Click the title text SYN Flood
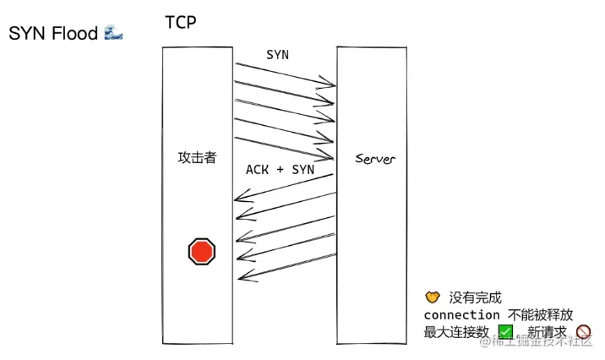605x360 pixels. (x=52, y=34)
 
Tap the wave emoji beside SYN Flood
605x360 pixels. (x=113, y=33)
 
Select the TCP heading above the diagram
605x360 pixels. (x=180, y=22)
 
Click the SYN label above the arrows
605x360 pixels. (x=277, y=54)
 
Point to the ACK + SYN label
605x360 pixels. (x=280, y=169)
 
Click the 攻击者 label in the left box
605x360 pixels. (x=197, y=158)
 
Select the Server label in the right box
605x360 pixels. (x=375, y=159)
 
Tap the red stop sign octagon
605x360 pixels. (x=201, y=251)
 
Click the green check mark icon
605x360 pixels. (x=506, y=332)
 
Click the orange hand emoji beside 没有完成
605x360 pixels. (x=433, y=297)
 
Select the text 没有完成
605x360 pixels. (x=475, y=297)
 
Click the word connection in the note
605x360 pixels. (x=461, y=314)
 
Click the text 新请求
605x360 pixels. (x=547, y=332)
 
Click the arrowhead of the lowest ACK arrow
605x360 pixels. (x=242, y=275)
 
